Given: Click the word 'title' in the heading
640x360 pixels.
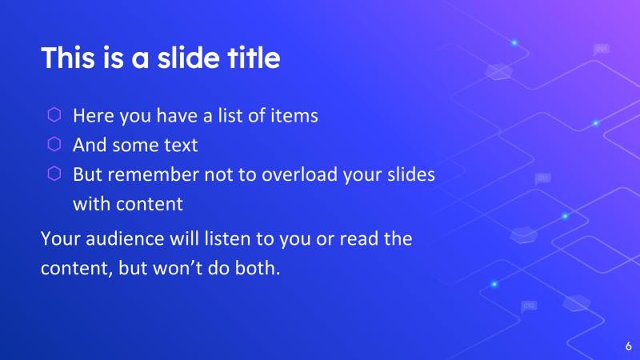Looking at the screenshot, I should point(253,58).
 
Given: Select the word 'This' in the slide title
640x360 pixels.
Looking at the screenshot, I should point(65,58).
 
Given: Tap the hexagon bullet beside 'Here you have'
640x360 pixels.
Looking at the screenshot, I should point(54,114).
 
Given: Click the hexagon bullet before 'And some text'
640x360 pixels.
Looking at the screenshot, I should point(54,144).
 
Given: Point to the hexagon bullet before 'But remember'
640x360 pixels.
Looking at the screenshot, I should point(54,174).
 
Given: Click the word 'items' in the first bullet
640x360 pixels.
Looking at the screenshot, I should point(294,115).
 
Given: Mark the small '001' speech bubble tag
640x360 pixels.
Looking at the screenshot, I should point(602,50).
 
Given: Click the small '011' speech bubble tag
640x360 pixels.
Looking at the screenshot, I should point(543,178).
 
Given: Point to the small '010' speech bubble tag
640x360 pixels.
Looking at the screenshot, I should point(529,306).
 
